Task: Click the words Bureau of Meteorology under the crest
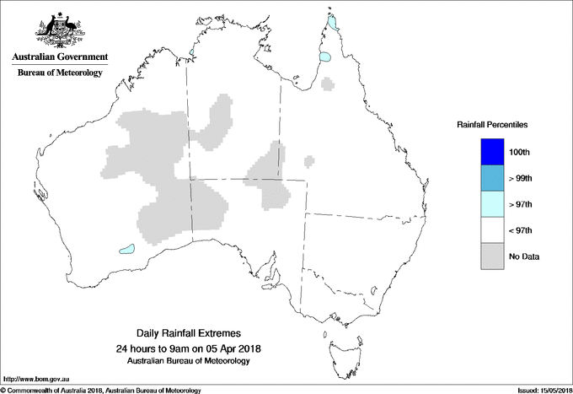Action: pos(59,73)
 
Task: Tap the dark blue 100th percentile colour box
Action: pos(491,152)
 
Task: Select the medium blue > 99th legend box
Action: pos(491,178)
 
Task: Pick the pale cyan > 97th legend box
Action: pos(491,204)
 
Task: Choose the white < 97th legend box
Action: pos(491,230)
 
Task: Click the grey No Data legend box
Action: pos(491,256)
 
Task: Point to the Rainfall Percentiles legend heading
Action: pos(492,124)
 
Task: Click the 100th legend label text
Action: pos(520,152)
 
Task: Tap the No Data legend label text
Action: pos(524,256)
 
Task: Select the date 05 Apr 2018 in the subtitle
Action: pos(226,348)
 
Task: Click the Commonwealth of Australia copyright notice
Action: pos(101,390)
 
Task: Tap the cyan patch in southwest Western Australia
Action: pos(127,249)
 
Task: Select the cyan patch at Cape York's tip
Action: pos(334,21)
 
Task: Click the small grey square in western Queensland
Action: pos(310,159)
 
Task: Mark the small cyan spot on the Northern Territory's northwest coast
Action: pos(192,52)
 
